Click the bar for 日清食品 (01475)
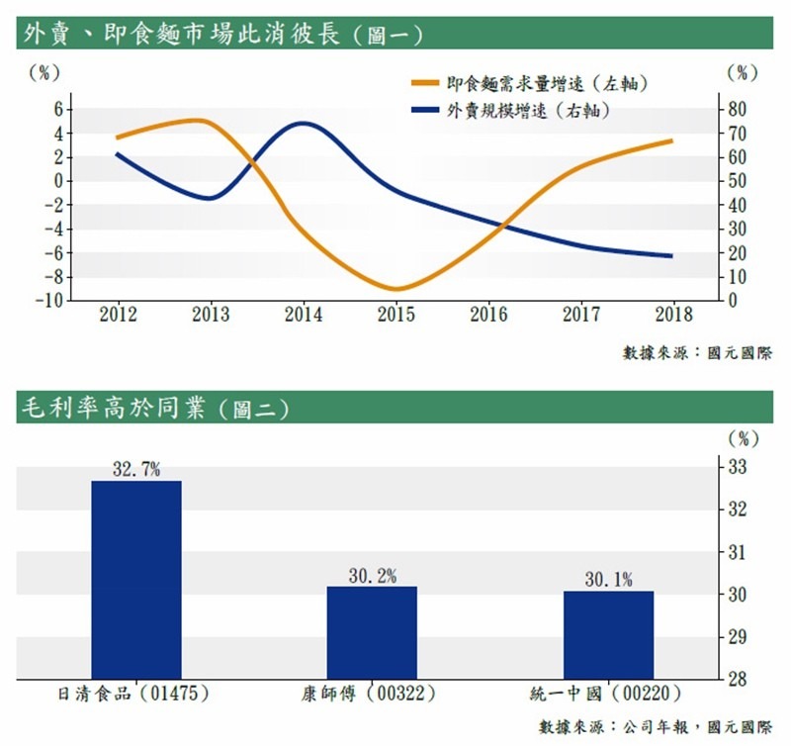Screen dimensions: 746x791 tap(136, 579)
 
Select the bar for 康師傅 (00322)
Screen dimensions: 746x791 tap(372, 631)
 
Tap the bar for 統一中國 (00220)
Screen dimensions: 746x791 tap(608, 634)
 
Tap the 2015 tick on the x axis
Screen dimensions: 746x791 tap(396, 315)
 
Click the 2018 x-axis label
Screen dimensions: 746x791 tap(674, 315)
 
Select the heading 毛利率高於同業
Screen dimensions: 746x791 tap(153, 408)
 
